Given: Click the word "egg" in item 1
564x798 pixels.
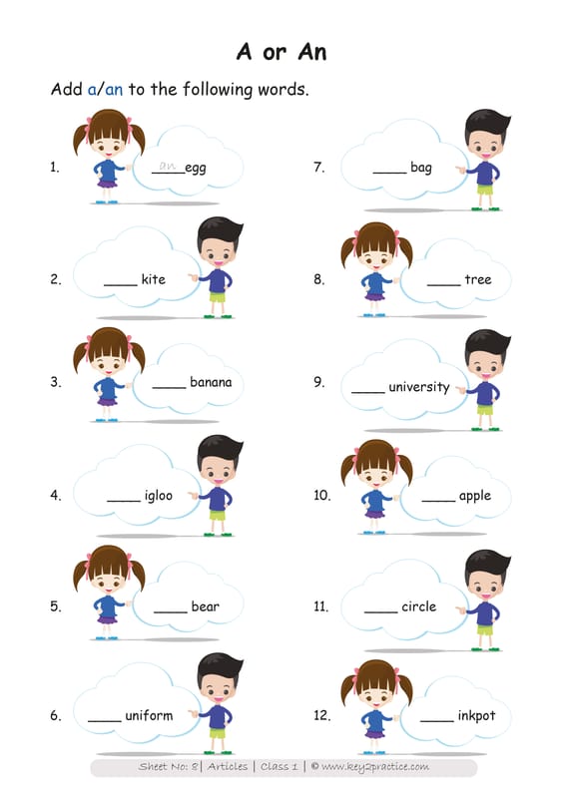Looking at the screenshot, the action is coord(195,169).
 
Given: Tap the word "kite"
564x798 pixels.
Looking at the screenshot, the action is coord(154,279).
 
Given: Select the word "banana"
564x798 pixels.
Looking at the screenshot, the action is coord(211,382).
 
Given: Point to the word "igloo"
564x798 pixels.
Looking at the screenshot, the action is coord(159,495).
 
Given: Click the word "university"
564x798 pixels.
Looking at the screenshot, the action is coord(419,387).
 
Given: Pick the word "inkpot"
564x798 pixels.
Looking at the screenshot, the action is coord(476,715).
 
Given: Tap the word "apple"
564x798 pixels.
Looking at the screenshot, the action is coord(475,496).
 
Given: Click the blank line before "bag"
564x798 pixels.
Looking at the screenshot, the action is coord(389,173).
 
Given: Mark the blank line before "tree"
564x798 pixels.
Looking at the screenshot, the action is coord(443,285).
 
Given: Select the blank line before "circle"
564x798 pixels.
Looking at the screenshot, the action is coord(380,611).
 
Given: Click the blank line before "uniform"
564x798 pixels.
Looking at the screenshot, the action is coord(105,721).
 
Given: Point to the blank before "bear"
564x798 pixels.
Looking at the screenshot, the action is coord(170,611).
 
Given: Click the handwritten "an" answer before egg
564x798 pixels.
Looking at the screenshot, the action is coord(167,166).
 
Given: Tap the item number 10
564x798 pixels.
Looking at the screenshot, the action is coord(322,495).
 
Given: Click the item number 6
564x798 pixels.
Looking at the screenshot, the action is coord(56,715).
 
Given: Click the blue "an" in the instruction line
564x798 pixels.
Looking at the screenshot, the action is coord(114,90).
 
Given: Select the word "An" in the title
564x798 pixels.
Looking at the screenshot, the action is coord(311,52).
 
